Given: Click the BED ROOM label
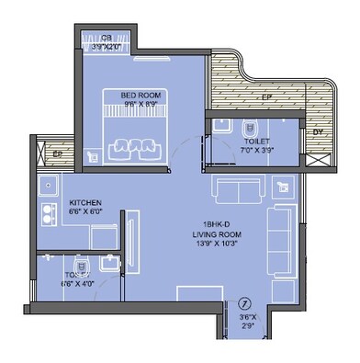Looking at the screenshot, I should click(x=141, y=95).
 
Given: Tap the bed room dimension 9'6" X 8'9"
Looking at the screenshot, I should click(x=141, y=105).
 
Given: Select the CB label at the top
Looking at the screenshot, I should click(x=107, y=38).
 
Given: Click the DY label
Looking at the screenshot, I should click(x=319, y=132).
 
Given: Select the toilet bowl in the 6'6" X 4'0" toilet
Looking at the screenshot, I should click(x=80, y=263).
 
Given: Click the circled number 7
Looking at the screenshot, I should click(x=244, y=303).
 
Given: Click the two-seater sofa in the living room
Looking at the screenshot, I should click(x=238, y=191).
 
